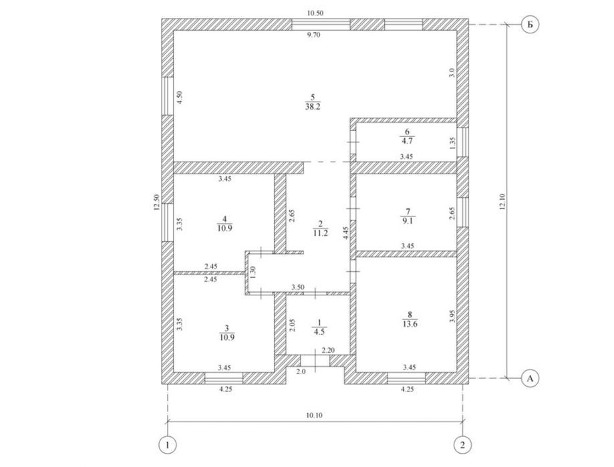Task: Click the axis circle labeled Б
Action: [529, 25]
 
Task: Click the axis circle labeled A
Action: [529, 378]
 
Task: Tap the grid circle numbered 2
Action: [462, 444]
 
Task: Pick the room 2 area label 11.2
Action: [320, 233]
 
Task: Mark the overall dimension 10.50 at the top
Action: [315, 13]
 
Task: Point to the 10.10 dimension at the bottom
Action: [314, 415]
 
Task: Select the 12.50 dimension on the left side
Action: [156, 202]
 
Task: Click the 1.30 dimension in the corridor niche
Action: [253, 273]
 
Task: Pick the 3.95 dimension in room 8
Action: [452, 316]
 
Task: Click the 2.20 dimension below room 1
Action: [327, 350]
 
